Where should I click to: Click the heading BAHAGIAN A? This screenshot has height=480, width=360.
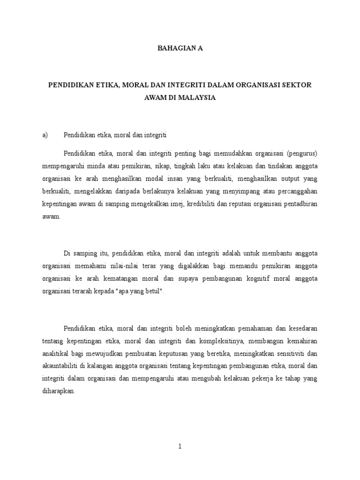180,48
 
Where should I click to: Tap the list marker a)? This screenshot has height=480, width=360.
45,135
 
